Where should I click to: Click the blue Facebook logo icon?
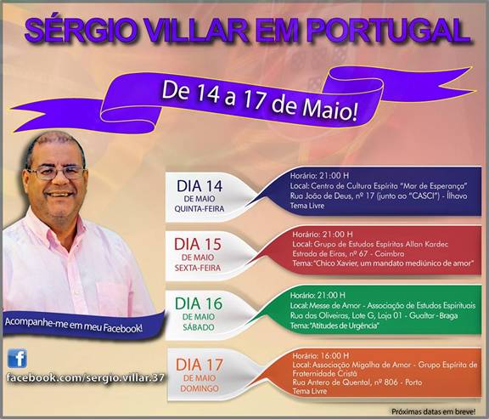point(17,358)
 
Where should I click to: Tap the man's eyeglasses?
point(57,173)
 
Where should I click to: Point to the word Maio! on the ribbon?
point(330,111)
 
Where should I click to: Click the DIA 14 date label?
point(200,186)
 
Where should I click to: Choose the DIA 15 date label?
point(198,245)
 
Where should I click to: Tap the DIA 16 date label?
point(199,303)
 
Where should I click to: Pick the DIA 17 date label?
point(200,365)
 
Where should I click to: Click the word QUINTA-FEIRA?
point(200,209)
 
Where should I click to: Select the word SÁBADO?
point(199,327)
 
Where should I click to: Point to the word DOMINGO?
point(200,388)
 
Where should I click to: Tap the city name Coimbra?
point(389,253)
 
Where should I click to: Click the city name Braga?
point(448,315)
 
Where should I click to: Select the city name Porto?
point(413,382)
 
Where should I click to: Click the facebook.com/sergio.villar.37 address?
point(85,378)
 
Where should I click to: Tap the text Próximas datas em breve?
point(434,411)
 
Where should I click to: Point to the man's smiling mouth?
point(59,195)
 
